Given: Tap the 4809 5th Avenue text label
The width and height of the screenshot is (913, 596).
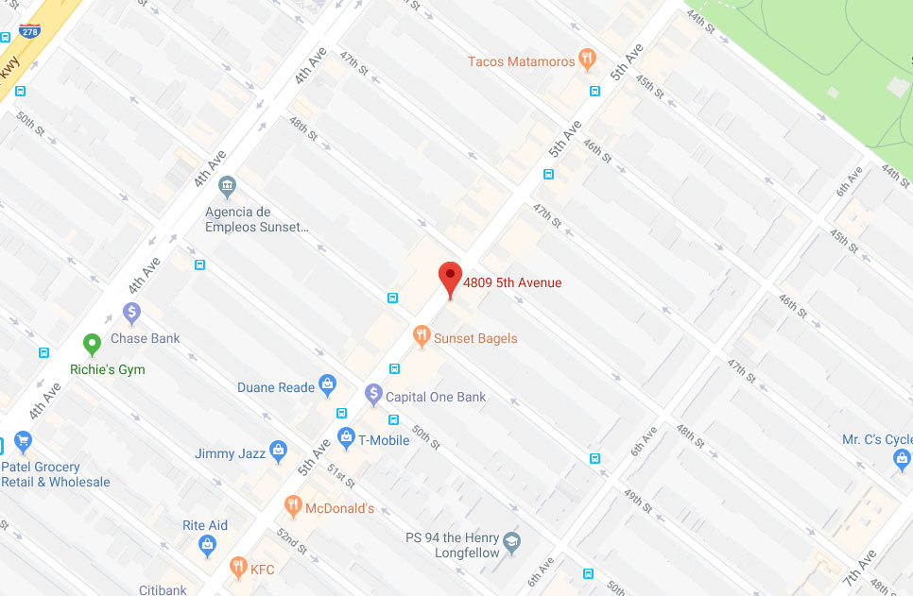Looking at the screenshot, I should click(512, 282).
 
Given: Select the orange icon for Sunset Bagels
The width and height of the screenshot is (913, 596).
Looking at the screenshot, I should click(422, 336).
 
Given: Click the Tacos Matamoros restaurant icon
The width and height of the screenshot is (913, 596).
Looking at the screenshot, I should click(588, 60).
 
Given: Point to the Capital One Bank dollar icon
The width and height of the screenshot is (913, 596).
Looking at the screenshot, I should click(373, 394).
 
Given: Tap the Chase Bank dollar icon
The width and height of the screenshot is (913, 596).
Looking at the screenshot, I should click(131, 312).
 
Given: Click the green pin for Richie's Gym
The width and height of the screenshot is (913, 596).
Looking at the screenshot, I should click(92, 345).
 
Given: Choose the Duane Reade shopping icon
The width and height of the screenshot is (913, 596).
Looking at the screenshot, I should click(327, 383).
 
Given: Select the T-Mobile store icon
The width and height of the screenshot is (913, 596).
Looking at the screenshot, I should click(346, 438).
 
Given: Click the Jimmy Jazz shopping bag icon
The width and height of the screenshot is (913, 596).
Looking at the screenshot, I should click(278, 451).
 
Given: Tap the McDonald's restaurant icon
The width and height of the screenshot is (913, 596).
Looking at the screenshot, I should click(293, 507).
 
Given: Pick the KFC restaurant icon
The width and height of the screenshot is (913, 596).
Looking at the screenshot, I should click(238, 568).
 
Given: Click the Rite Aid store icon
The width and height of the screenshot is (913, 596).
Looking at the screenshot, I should click(206, 545).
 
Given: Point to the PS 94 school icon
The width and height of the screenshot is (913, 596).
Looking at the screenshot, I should click(511, 543).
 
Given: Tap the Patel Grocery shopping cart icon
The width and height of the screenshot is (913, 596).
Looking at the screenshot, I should click(23, 442).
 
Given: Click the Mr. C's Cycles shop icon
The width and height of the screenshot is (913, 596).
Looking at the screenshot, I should click(902, 460).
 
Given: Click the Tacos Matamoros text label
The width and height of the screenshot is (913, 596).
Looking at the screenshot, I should click(521, 61).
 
